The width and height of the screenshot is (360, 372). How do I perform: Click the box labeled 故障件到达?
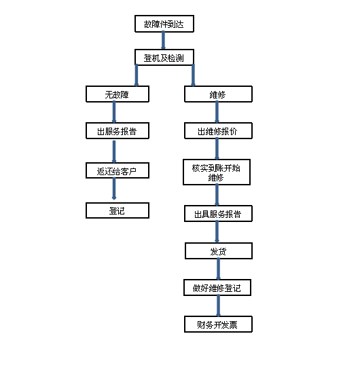164,24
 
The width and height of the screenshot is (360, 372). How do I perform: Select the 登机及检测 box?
164,57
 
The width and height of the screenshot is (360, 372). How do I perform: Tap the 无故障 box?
118,94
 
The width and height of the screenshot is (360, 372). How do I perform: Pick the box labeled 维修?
218,94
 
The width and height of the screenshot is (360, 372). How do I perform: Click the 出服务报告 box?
118,131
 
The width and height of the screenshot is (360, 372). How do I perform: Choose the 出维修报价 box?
218,131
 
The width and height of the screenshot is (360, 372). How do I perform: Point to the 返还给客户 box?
118,170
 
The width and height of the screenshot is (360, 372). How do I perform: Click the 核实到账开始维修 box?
217,172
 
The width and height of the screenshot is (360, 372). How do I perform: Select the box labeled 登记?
118,210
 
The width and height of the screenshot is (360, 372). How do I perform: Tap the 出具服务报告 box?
218,214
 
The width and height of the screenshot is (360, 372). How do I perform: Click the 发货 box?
219,250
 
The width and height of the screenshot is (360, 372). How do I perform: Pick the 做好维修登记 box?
217,288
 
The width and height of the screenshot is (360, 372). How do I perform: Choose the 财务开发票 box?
218,324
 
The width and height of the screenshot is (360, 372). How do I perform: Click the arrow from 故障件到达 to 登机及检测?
164,41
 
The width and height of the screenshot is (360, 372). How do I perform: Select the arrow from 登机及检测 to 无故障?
137,75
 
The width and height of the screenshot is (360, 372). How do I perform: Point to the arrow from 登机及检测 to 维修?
193,75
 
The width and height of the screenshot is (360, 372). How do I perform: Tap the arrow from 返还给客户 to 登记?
114,189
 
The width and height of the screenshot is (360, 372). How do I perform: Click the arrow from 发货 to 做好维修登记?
218,269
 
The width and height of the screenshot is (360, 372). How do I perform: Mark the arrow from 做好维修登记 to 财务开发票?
218,306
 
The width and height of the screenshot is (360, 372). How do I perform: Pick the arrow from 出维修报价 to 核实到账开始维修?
217,149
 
